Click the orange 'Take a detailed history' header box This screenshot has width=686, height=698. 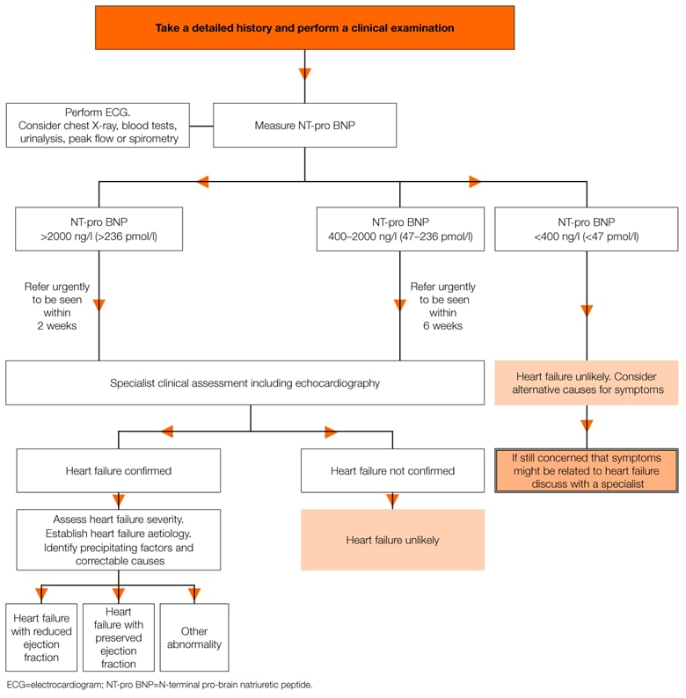pyautogui.click(x=305, y=28)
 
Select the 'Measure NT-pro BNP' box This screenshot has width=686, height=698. pyautogui.click(x=305, y=125)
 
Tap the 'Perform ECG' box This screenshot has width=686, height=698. pyautogui.click(x=98, y=125)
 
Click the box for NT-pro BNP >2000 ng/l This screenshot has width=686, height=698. pyautogui.click(x=99, y=229)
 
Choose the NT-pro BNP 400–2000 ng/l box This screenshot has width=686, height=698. pyautogui.click(x=399, y=229)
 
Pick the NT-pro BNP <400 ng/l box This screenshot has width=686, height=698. pyautogui.click(x=587, y=229)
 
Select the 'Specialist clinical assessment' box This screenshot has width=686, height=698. pyautogui.click(x=245, y=383)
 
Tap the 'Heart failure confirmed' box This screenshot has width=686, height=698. pyautogui.click(x=119, y=470)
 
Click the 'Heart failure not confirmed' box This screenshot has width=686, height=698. pyautogui.click(x=392, y=470)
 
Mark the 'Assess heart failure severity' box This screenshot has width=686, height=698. pyautogui.click(x=119, y=540)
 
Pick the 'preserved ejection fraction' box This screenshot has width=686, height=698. pyautogui.click(x=118, y=637)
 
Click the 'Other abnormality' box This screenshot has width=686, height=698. pyautogui.click(x=193, y=637)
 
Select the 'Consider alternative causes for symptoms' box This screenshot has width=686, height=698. pyautogui.click(x=587, y=383)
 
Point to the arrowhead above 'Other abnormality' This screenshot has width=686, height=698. pyautogui.click(x=194, y=593)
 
